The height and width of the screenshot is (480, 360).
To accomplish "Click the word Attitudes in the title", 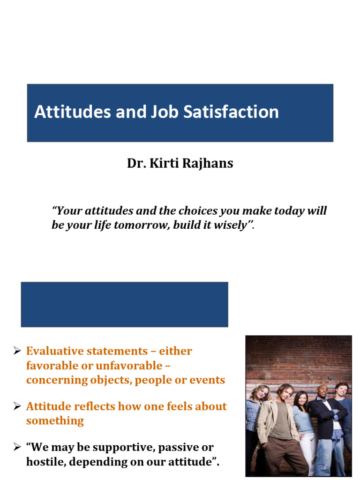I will [x=65, y=112].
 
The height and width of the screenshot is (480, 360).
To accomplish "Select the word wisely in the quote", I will [x=231, y=225].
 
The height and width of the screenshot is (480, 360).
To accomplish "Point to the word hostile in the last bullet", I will [x=44, y=462].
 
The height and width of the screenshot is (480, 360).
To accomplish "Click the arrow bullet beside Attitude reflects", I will [x=17, y=406].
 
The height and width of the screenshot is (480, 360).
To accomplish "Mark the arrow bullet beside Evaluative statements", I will [x=17, y=351].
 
